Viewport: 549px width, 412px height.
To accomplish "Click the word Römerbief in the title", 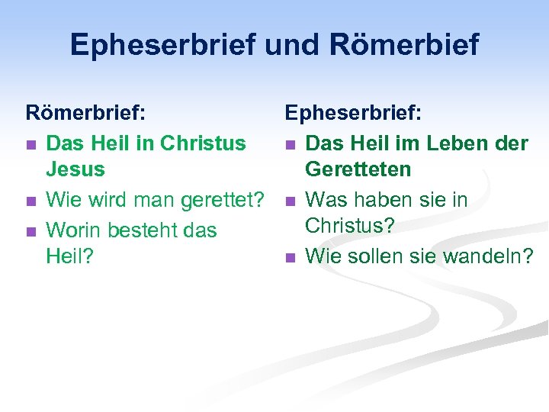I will (405, 45).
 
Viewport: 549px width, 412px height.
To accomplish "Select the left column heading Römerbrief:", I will (86, 114).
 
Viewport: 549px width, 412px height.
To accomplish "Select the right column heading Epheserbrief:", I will (354, 114).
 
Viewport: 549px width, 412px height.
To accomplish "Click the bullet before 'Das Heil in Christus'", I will (30, 144).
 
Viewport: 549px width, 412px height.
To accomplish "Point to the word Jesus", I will (75, 169).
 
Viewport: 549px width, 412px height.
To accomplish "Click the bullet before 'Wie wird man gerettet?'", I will (30, 202).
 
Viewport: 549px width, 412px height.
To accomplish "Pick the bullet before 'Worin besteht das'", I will (30, 231).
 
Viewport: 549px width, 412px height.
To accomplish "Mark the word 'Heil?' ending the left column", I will (69, 256).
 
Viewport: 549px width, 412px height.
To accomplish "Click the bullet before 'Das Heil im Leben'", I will (290, 144).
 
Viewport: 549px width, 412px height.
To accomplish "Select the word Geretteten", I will (358, 169).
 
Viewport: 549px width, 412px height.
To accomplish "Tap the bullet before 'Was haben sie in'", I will (290, 202).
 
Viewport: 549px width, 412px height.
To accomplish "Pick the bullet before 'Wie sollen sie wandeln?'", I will (290, 258).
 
